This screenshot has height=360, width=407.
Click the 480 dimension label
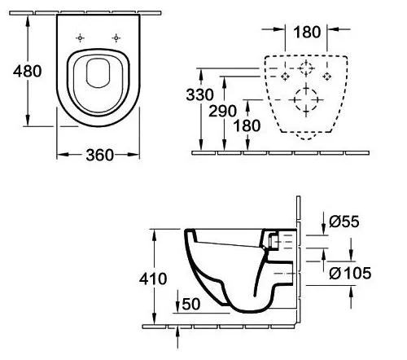(x=28, y=71)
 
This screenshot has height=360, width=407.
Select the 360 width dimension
(x=99, y=156)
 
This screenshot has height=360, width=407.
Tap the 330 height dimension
(x=200, y=94)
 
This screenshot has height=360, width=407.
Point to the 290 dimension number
(x=222, y=111)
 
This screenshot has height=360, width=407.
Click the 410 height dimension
(x=153, y=279)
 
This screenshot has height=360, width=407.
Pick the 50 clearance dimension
(x=191, y=304)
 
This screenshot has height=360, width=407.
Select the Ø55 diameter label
(x=344, y=222)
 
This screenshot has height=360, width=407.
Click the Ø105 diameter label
(x=350, y=273)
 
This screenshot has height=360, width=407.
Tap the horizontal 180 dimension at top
(x=307, y=32)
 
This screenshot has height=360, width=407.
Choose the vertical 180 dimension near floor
(x=247, y=126)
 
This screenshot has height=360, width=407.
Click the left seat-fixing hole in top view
(x=80, y=38)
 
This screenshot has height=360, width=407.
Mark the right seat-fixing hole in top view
(x=116, y=38)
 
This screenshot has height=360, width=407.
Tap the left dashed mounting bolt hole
(x=285, y=77)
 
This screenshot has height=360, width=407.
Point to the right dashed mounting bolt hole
(x=327, y=77)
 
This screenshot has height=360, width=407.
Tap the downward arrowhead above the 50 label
(x=177, y=306)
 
